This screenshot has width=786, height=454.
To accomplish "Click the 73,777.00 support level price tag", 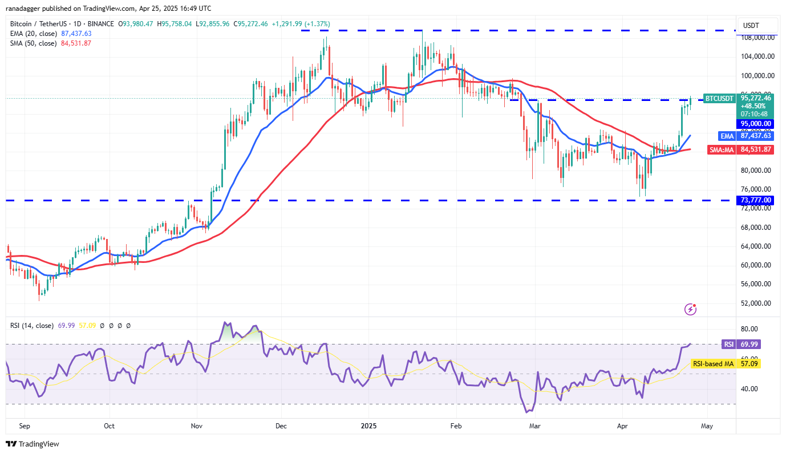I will (756, 200).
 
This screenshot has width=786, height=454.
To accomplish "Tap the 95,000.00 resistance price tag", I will (756, 123).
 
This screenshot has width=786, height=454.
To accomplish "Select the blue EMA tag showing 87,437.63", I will (746, 136).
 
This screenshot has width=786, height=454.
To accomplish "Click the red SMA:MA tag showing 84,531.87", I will (746, 149).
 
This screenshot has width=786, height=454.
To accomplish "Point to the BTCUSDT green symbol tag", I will (719, 98).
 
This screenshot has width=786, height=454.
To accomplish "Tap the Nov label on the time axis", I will (197, 425).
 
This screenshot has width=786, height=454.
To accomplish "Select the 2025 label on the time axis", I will (368, 425).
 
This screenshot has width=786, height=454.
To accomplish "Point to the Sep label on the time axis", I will (25, 425).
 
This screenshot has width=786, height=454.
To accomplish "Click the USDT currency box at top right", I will (757, 25).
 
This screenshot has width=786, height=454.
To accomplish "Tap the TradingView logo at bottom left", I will (33, 444).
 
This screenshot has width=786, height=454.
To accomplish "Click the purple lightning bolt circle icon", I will (691, 309).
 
